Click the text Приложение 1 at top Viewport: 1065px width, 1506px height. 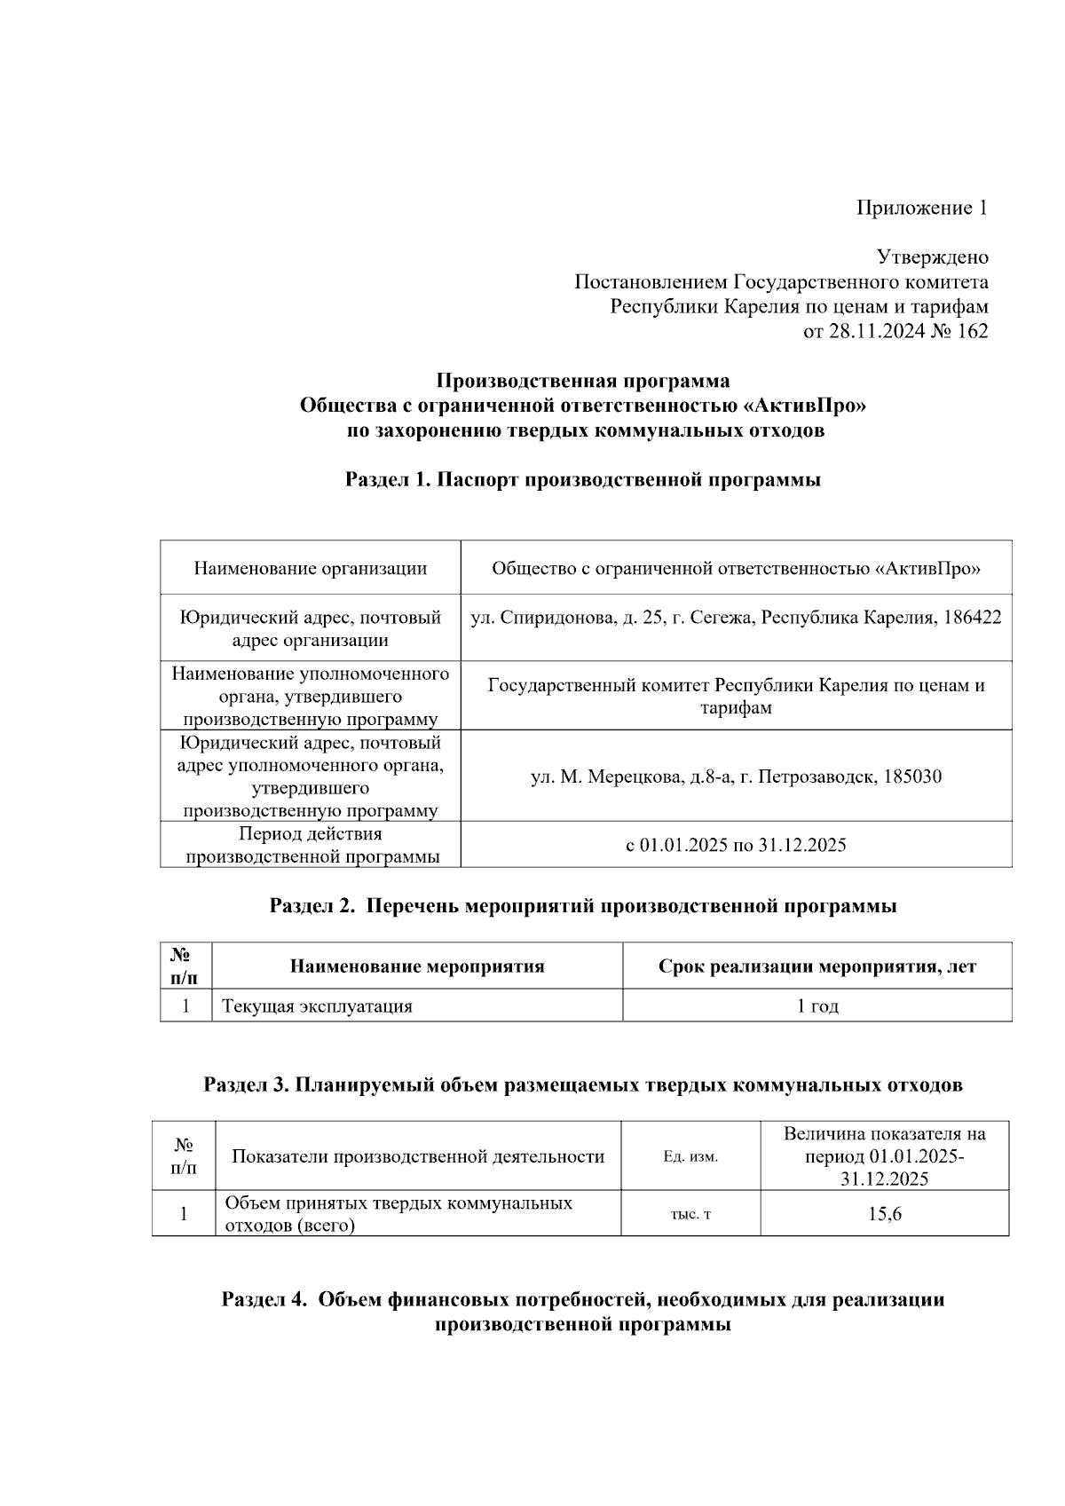(x=921, y=209)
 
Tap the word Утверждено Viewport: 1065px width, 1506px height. (x=932, y=258)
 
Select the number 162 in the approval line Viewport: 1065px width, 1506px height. (x=973, y=332)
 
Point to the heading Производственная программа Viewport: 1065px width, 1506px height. (x=583, y=382)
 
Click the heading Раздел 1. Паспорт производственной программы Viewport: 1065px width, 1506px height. (x=583, y=480)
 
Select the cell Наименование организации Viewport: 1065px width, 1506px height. (x=310, y=568)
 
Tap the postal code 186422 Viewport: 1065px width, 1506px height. (x=973, y=618)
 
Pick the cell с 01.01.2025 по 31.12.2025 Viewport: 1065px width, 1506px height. (x=736, y=845)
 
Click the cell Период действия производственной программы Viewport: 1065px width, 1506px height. (x=310, y=845)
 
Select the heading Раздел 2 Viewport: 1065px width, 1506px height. (x=313, y=907)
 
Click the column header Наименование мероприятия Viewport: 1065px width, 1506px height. (x=417, y=966)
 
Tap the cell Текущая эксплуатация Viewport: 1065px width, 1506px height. (x=317, y=1006)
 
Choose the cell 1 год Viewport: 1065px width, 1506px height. (x=816, y=1006)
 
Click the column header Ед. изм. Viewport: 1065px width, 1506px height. (x=690, y=1157)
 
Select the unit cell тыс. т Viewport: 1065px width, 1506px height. (x=690, y=1214)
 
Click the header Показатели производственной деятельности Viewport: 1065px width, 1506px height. (x=417, y=1157)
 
